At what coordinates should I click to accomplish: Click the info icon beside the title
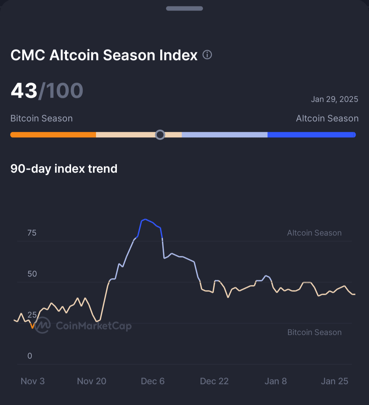pos(207,55)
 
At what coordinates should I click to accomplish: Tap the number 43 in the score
pos(24,91)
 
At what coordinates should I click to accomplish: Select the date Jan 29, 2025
pos(334,99)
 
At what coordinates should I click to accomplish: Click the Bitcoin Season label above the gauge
pos(41,118)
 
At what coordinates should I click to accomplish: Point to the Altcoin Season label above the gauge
pos(327,118)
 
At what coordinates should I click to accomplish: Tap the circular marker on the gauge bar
pos(160,135)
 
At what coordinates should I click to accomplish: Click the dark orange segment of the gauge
pos(53,135)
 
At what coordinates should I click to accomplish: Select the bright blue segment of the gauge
pos(311,135)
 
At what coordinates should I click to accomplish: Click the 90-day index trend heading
pos(64,168)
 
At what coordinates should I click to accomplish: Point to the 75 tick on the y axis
pos(32,233)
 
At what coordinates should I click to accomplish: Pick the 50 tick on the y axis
pos(32,274)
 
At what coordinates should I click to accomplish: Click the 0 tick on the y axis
pos(30,356)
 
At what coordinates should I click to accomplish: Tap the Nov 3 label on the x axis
pos(32,381)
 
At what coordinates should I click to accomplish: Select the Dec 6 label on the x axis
pos(153,381)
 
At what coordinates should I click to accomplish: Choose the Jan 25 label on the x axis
pos(334,381)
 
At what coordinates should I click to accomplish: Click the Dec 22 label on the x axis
pos(214,381)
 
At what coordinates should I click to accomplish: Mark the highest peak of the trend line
pos(146,219)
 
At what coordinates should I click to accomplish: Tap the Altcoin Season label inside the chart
pos(314,233)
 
